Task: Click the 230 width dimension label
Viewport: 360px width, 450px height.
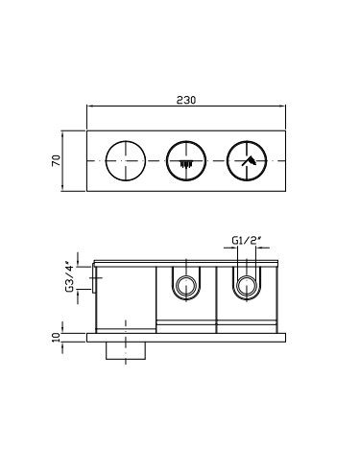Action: tap(186, 100)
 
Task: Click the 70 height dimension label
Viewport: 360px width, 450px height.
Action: tap(56, 160)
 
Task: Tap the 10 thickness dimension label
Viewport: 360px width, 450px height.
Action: tap(56, 338)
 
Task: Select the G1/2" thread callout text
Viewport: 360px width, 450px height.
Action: tap(245, 240)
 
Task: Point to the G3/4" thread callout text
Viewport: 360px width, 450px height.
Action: tap(69, 277)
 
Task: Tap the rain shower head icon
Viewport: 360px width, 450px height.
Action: tap(185, 164)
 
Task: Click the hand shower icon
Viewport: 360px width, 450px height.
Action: tap(250, 161)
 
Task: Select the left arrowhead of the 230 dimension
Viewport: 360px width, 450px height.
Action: tap(89, 106)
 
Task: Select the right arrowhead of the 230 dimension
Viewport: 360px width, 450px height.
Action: tap(283, 106)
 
